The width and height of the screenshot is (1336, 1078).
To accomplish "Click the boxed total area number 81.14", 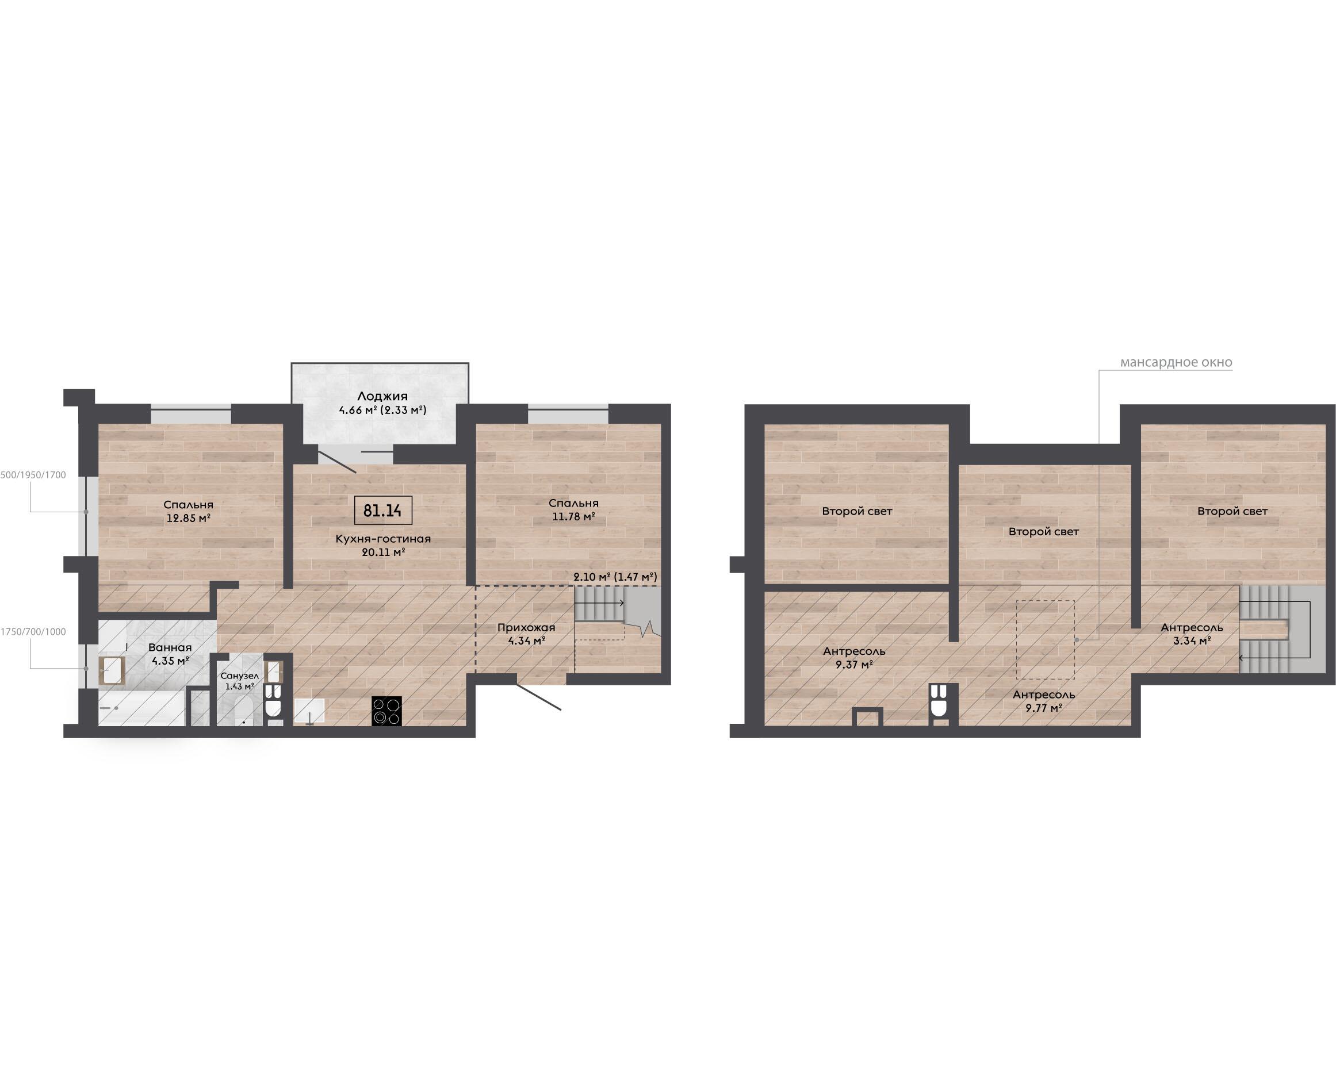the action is click(382, 511).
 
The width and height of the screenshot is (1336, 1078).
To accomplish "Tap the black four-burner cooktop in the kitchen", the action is click(386, 711).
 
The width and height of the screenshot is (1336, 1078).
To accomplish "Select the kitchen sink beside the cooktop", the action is click(309, 711).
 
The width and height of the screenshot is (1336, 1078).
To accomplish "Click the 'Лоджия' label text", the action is click(382, 396).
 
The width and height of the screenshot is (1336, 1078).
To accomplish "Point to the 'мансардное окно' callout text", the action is click(1176, 362).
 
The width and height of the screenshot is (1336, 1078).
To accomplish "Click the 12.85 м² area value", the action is click(189, 518).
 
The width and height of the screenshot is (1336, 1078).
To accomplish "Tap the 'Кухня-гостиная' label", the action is click(382, 539).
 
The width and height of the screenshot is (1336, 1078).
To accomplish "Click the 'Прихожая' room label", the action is click(526, 627).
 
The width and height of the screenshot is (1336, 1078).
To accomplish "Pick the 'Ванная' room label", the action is click(170, 648).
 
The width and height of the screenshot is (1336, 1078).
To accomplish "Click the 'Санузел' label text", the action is click(239, 676).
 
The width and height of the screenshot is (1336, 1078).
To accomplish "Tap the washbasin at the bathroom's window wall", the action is click(112, 670).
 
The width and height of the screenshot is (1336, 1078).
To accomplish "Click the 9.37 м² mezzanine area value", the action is click(854, 665).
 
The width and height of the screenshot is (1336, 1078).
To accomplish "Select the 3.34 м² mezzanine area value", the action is click(1192, 641).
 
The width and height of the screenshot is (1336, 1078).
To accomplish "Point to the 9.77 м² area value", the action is click(1043, 707).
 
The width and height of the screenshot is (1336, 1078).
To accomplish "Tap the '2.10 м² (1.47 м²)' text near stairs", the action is click(615, 577).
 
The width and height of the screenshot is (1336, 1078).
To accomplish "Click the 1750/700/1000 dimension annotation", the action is click(33, 632).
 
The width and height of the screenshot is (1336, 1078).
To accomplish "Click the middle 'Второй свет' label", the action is click(1043, 532).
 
